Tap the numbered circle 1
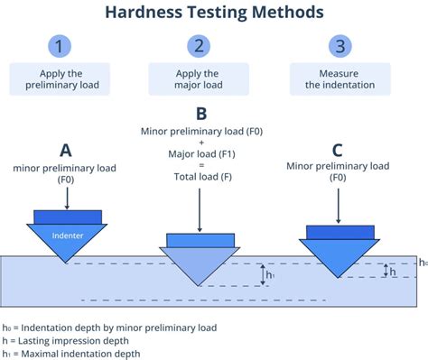(x=59, y=46)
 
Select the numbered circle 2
(x=197, y=46)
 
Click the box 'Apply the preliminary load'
(x=60, y=79)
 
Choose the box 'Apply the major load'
(x=197, y=79)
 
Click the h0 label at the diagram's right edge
(x=422, y=263)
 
